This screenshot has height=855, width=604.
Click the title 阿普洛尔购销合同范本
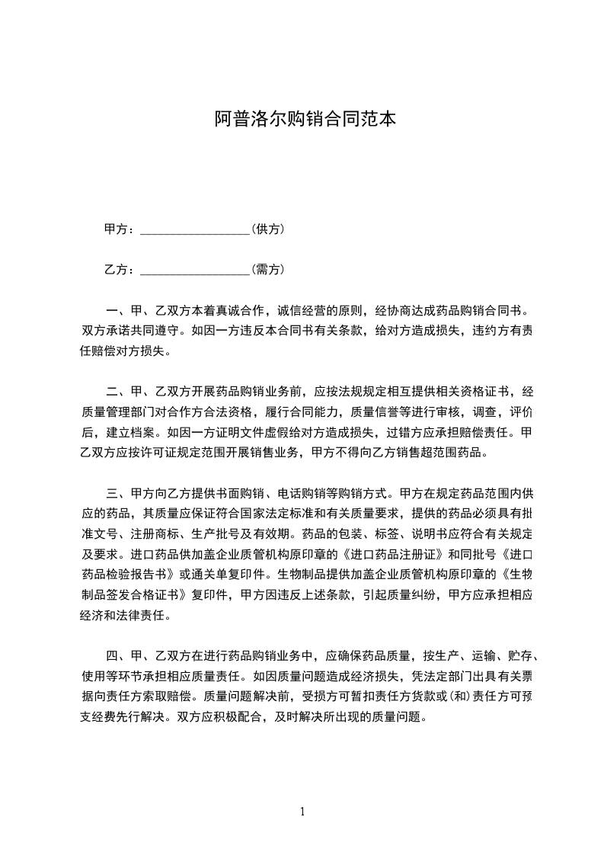pyautogui.click(x=304, y=119)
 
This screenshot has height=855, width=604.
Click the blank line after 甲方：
pyautogui.click(x=195, y=229)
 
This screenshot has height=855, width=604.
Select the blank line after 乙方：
pyautogui.click(x=195, y=270)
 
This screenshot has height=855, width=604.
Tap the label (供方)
pyautogui.click(x=267, y=229)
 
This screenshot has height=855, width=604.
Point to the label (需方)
pyautogui.click(x=267, y=269)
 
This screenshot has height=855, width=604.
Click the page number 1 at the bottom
pyautogui.click(x=302, y=812)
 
